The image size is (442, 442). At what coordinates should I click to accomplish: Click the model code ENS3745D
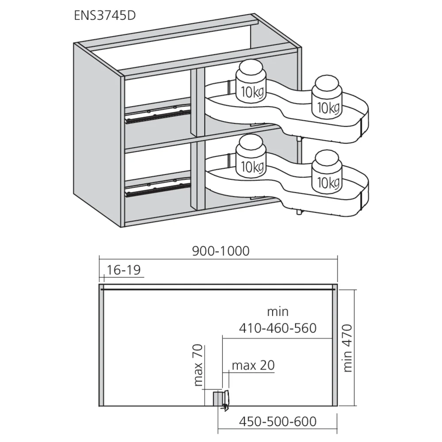105,15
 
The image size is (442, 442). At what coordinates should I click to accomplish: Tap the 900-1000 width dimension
221,251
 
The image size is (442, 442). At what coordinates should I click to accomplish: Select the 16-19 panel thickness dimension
123,270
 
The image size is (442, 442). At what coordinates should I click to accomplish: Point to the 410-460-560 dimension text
278,328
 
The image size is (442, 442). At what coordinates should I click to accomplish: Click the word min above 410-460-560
278,312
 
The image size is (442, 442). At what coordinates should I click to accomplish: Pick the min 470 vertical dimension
347,348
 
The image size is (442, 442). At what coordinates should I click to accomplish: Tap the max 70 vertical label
198,365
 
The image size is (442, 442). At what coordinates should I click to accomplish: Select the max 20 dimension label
253,366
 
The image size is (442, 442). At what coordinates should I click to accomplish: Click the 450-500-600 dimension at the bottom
278,422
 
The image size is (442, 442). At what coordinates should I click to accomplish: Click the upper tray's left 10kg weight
251,81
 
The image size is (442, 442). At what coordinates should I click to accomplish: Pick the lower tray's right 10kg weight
327,172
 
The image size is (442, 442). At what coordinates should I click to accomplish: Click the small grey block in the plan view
217,399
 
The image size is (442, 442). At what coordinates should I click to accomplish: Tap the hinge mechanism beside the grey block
226,400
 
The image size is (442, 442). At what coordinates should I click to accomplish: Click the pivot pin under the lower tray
298,212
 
